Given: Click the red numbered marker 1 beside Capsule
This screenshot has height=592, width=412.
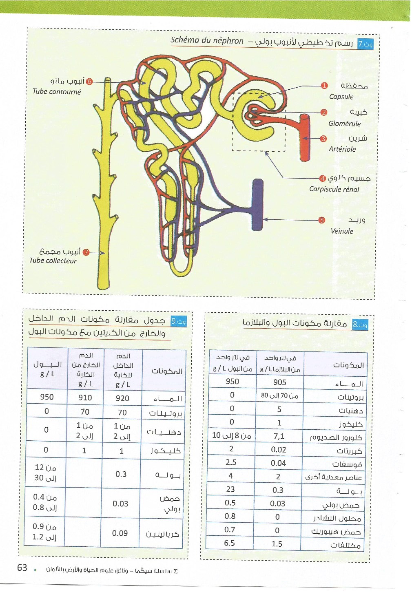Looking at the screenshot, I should (324, 86).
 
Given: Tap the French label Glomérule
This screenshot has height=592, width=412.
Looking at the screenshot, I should (344, 124).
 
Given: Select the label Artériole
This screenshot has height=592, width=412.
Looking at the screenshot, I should (342, 149).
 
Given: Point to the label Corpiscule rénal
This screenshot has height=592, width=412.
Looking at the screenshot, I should (334, 189).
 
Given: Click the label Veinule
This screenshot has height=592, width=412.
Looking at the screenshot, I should (342, 231).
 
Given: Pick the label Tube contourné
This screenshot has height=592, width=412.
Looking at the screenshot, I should (57, 92).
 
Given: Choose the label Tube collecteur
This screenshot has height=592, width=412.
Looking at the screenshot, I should (53, 261).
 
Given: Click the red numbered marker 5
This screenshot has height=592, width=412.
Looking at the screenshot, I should (321, 220).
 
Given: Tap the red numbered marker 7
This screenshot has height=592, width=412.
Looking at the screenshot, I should (86, 252).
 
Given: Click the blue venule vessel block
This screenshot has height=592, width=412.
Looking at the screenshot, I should (257, 204).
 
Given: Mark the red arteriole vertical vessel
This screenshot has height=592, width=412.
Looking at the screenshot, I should (305, 139).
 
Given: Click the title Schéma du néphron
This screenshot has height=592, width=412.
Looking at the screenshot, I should (207, 40).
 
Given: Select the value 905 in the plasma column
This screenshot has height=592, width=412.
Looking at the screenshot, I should (279, 382).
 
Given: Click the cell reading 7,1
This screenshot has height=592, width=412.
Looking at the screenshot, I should (279, 436).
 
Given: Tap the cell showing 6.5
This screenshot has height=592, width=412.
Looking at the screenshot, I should (229, 543).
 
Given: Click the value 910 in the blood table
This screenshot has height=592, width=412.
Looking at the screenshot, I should (85, 398).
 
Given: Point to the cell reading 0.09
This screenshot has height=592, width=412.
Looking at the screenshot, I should (120, 533).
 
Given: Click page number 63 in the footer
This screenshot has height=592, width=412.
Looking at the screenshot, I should (22, 568).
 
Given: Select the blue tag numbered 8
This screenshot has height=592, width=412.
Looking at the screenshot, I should (360, 325).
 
